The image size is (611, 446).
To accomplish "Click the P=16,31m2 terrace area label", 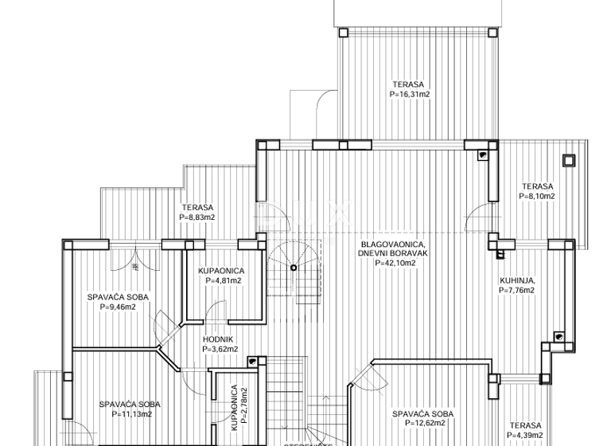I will [410, 94].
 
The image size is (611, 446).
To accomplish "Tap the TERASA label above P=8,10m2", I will [537, 186].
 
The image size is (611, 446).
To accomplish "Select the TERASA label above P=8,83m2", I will [197, 207].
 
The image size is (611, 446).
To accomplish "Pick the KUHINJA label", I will [517, 280].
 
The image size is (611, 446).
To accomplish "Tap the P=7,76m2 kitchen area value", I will [517, 291].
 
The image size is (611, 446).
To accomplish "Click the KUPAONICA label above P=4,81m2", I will [221, 271].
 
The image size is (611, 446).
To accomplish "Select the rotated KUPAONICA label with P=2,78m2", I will [234, 409].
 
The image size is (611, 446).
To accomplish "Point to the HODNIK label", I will [217, 338].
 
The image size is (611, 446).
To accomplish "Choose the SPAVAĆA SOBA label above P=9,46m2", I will [118, 297].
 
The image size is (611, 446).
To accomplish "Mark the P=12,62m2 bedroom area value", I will [422, 424].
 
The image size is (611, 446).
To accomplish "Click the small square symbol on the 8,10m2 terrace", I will [568, 160].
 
